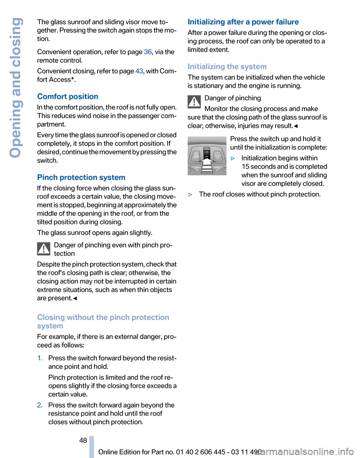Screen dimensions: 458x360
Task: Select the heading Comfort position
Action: click(68, 96)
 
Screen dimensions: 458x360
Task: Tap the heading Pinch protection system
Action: click(81, 177)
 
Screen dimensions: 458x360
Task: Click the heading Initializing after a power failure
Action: click(243, 22)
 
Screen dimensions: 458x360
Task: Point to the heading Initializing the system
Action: click(227, 67)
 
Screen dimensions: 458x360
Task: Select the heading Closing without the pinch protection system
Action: click(103, 321)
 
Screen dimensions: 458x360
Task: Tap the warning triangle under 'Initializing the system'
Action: click(194, 102)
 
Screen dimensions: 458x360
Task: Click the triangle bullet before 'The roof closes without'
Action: click(191, 194)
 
